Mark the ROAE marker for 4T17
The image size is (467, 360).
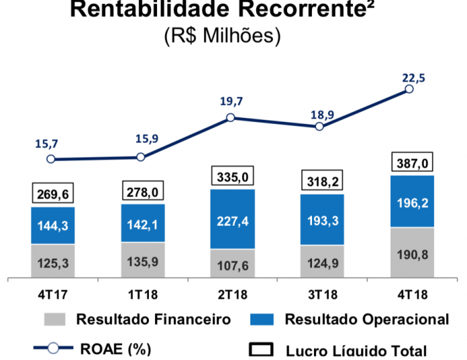(51, 160)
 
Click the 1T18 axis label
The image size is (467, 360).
(141, 292)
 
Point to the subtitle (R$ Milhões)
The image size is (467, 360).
(221, 36)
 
